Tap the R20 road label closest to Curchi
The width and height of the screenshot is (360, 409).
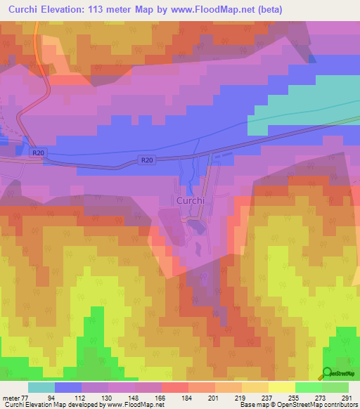pos(146,160)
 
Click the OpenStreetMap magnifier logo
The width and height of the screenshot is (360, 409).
pos(328,374)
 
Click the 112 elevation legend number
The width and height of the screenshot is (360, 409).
pos(82,397)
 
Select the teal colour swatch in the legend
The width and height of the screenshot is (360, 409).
pos(41,387)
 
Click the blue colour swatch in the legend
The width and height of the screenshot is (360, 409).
pos(68,387)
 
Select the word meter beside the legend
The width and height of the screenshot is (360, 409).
pos(10,397)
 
